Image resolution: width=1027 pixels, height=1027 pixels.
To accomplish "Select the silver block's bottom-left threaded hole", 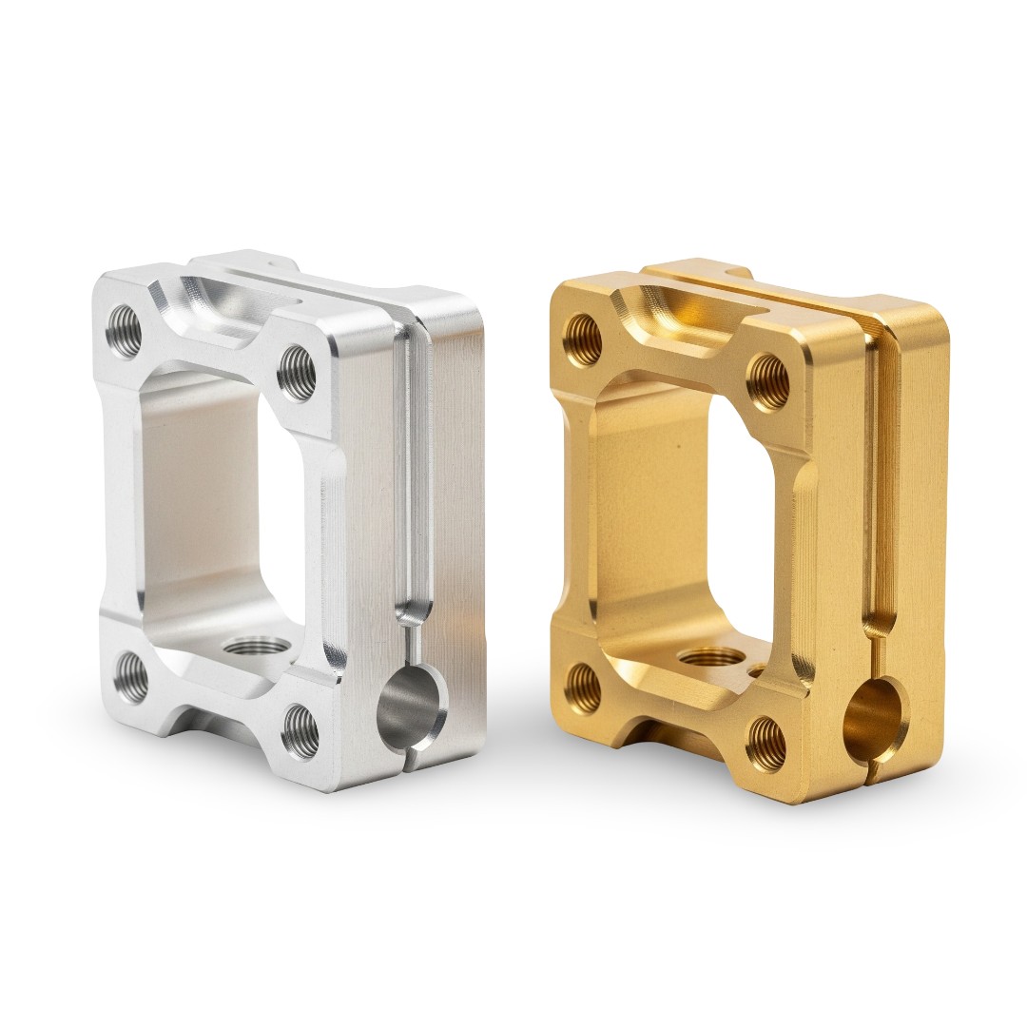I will [132, 677].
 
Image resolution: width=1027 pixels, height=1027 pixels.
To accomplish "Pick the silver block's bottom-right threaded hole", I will [300, 728].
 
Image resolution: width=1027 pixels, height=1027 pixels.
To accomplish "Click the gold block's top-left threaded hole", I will [582, 336].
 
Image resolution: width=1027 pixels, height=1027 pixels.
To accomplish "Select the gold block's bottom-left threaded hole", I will [582, 688].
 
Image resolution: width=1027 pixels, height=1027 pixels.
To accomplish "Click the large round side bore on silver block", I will [413, 707].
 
